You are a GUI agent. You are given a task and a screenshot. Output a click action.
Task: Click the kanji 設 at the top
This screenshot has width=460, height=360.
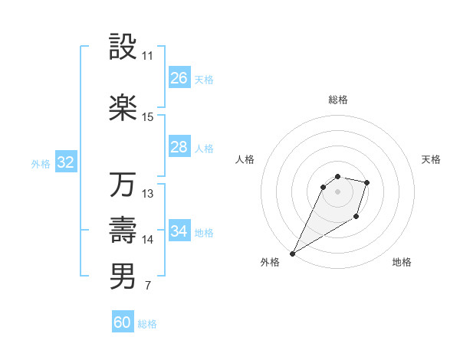click(123, 47)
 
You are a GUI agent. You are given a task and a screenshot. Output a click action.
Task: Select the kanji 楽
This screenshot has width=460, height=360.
click(123, 108)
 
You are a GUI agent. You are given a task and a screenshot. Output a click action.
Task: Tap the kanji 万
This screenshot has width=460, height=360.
click(123, 185)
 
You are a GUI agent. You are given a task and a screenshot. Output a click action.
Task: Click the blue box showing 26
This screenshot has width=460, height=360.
click(179, 78)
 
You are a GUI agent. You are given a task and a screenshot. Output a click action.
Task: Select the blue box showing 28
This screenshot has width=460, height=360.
click(179, 148)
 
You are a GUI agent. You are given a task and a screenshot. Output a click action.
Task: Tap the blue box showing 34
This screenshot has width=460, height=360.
click(179, 231)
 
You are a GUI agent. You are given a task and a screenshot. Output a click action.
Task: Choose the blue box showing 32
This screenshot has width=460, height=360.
click(65, 162)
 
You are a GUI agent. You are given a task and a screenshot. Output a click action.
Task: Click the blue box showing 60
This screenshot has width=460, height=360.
click(123, 322)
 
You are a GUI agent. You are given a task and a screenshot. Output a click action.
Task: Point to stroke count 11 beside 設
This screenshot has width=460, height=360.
click(147, 56)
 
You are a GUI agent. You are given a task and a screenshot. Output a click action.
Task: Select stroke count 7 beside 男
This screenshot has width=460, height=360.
click(147, 286)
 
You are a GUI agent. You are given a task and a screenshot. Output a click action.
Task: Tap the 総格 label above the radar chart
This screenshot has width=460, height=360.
click(337, 100)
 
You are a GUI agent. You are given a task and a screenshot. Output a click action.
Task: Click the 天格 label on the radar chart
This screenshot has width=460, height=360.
click(432, 159)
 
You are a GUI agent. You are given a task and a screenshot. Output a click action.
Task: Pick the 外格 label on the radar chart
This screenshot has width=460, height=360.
click(270, 263)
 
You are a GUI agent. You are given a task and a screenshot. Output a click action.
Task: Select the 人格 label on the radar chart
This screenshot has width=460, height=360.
click(245, 159)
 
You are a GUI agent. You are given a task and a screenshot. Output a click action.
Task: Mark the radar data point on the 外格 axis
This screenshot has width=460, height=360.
click(292, 253)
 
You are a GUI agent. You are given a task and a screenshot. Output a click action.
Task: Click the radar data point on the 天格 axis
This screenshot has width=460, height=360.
click(367, 182)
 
